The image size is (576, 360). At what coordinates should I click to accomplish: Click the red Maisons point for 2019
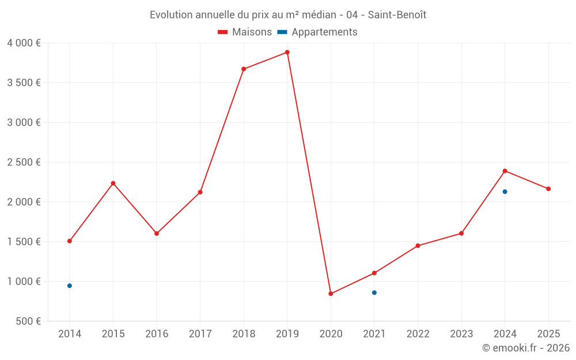(287, 52)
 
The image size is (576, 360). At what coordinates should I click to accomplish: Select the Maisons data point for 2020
(331, 294)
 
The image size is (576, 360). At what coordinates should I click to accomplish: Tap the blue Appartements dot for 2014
(70, 286)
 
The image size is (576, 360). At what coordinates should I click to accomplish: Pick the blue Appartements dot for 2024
(505, 192)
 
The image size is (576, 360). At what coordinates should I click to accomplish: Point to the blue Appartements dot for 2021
(374, 293)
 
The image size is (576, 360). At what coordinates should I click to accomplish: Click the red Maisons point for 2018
(244, 69)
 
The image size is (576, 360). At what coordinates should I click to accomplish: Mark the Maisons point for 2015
(113, 183)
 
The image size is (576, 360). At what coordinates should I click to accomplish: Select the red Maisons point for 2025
(548, 189)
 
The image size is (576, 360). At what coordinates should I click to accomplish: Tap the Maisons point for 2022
(418, 246)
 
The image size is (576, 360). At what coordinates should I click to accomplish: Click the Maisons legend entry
(245, 32)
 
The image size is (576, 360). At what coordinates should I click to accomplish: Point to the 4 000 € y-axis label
(24, 43)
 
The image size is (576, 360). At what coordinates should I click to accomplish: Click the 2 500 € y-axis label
(24, 162)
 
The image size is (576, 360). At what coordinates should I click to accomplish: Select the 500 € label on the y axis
(27, 321)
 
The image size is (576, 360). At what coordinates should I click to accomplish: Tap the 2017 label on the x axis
(200, 334)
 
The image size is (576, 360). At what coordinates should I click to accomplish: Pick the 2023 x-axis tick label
(461, 334)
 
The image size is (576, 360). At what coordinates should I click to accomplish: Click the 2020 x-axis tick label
(331, 334)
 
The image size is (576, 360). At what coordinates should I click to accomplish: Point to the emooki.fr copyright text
(526, 348)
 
